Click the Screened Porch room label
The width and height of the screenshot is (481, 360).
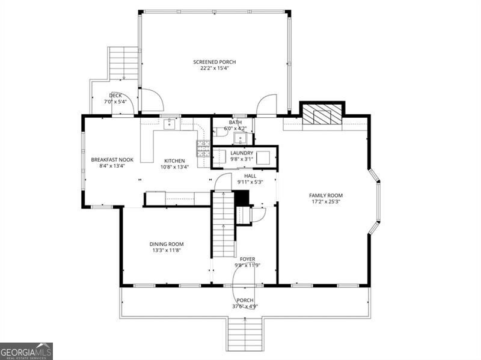click(215, 62)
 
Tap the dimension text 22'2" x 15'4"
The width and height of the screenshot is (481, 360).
click(215, 68)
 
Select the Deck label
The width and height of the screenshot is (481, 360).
click(115, 96)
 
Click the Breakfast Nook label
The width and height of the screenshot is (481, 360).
click(112, 160)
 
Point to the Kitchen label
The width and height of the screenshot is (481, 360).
click(174, 161)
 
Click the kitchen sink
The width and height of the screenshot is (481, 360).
click(169, 124)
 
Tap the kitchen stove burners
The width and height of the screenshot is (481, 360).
click(203, 148)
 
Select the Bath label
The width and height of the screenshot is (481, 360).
click(235, 123)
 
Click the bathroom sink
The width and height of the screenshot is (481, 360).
click(240, 138)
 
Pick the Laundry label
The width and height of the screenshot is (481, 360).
click(242, 153)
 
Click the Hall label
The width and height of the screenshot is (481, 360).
click(250, 176)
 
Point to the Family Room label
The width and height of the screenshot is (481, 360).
click(326, 195)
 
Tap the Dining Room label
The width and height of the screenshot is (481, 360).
click(167, 244)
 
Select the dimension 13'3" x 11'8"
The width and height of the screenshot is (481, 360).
click(167, 250)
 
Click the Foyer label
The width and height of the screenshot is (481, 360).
click(247, 259)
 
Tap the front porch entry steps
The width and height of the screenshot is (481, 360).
click(245, 334)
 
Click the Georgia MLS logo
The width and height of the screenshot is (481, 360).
click(26, 352)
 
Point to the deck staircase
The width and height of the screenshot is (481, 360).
click(123, 64)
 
